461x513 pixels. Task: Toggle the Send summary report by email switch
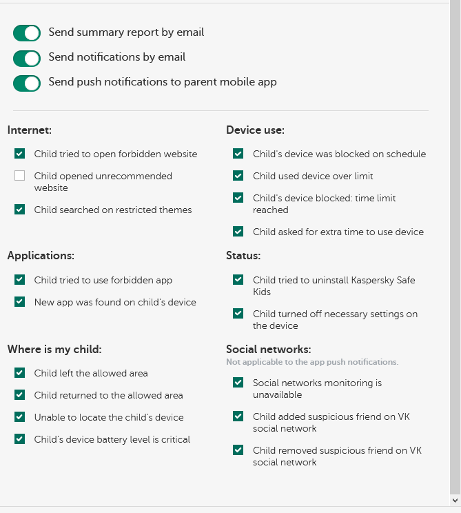click(27, 33)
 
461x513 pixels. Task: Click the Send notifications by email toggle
click(27, 58)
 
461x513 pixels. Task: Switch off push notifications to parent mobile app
click(27, 83)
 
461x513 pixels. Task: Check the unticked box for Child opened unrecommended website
click(20, 177)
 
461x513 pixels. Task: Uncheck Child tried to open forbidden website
click(20, 154)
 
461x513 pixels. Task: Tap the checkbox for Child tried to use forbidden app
click(20, 281)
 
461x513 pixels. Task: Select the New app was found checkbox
click(20, 303)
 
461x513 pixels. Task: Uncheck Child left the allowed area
click(20, 374)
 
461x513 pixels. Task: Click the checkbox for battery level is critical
click(20, 440)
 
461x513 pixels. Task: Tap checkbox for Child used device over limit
click(238, 177)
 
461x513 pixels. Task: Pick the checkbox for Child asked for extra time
click(238, 232)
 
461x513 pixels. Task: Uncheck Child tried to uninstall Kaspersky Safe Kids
click(238, 281)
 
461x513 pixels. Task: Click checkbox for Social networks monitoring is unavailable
click(238, 383)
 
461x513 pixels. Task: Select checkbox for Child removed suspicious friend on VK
click(238, 451)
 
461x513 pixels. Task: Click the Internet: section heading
click(30, 130)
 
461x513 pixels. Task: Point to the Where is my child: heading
click(54, 350)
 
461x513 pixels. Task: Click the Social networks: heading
click(268, 350)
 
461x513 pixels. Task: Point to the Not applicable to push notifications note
click(312, 362)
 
